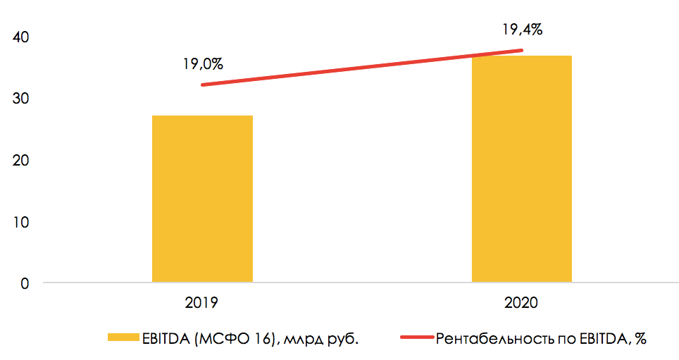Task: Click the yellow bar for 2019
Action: (x=202, y=199)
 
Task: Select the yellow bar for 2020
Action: (x=521, y=169)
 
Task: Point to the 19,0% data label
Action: (x=203, y=64)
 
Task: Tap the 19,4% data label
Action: (x=522, y=30)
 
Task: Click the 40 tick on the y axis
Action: (x=20, y=37)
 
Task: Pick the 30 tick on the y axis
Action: (x=20, y=99)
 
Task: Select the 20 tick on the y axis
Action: (x=20, y=161)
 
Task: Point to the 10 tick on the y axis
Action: (x=20, y=222)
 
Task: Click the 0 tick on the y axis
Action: (x=25, y=283)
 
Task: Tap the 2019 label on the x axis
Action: (x=202, y=304)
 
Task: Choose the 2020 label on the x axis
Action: (x=521, y=304)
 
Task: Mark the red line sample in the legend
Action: (x=416, y=339)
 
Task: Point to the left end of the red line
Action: (x=203, y=85)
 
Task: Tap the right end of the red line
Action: (x=522, y=50)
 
